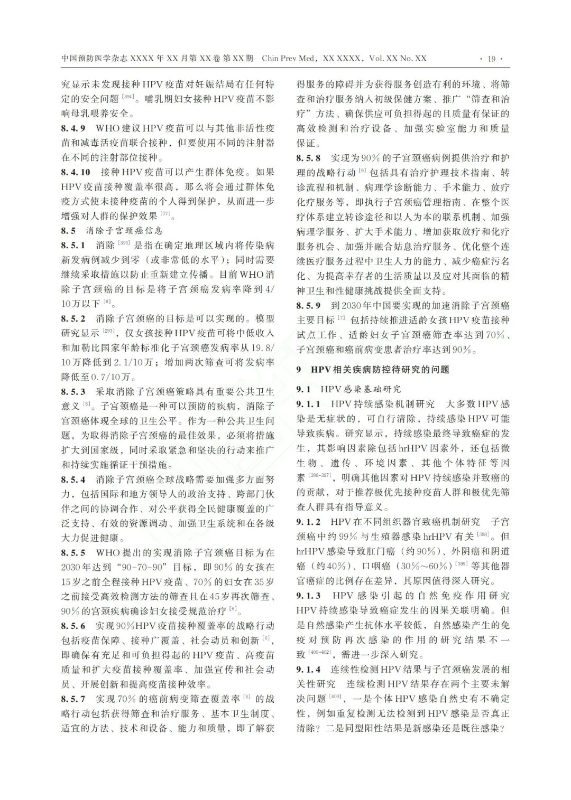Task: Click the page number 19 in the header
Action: [x=491, y=59]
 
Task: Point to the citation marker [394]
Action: [x=128, y=96]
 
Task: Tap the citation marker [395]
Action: [x=124, y=243]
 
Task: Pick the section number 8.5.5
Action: [x=73, y=553]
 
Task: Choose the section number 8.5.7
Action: [x=73, y=699]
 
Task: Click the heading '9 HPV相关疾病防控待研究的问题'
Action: [x=373, y=370]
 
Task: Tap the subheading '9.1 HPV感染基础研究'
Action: [x=348, y=389]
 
